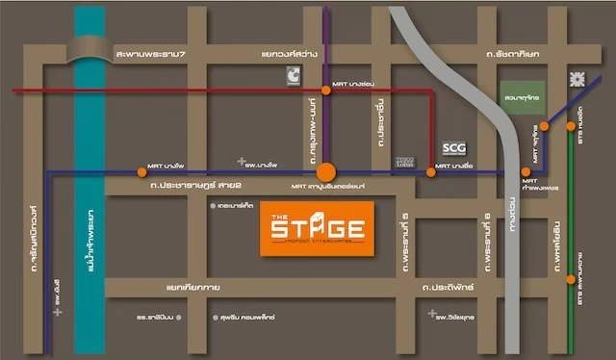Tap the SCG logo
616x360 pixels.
pyautogui.click(x=452, y=148)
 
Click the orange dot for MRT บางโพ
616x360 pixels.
pyautogui.click(x=142, y=172)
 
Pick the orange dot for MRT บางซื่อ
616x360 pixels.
pyautogui.click(x=432, y=172)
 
